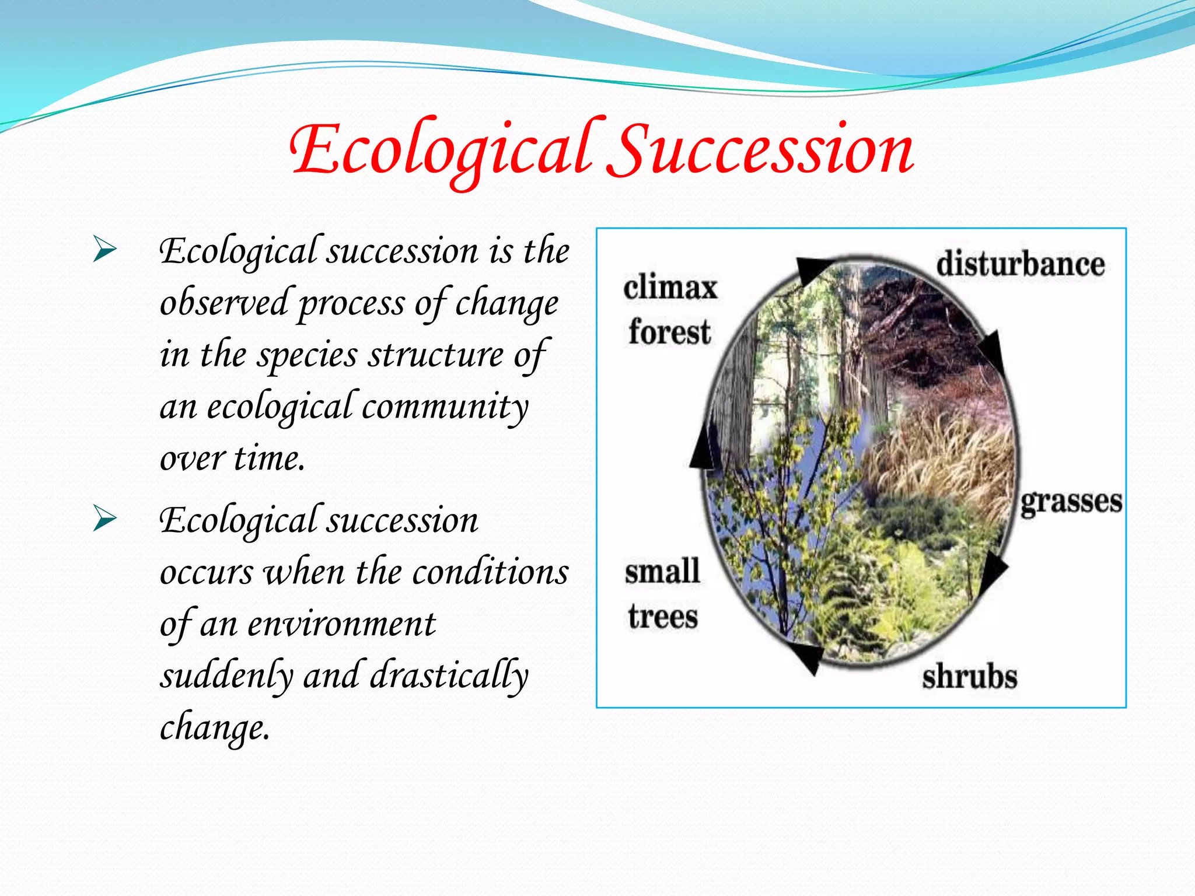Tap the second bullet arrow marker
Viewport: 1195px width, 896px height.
pyautogui.click(x=105, y=519)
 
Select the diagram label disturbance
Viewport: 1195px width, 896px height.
pyautogui.click(x=1020, y=264)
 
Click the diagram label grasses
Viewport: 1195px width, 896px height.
pyautogui.click(x=1071, y=502)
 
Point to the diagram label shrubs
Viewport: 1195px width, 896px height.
pyautogui.click(x=969, y=677)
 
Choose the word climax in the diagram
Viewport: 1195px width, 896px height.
pyautogui.click(x=670, y=288)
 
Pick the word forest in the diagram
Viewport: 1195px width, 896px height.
pyautogui.click(x=669, y=332)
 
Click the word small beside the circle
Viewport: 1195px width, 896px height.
pyautogui.click(x=662, y=572)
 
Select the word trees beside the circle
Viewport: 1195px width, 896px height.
pyautogui.click(x=663, y=617)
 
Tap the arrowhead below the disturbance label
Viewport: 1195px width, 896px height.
pyautogui.click(x=993, y=352)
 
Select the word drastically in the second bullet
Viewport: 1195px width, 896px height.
pyautogui.click(x=449, y=675)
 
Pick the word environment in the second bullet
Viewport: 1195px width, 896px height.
pyautogui.click(x=341, y=624)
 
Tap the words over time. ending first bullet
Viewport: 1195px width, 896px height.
pyautogui.click(x=232, y=458)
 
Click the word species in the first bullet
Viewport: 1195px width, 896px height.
pyautogui.click(x=308, y=355)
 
